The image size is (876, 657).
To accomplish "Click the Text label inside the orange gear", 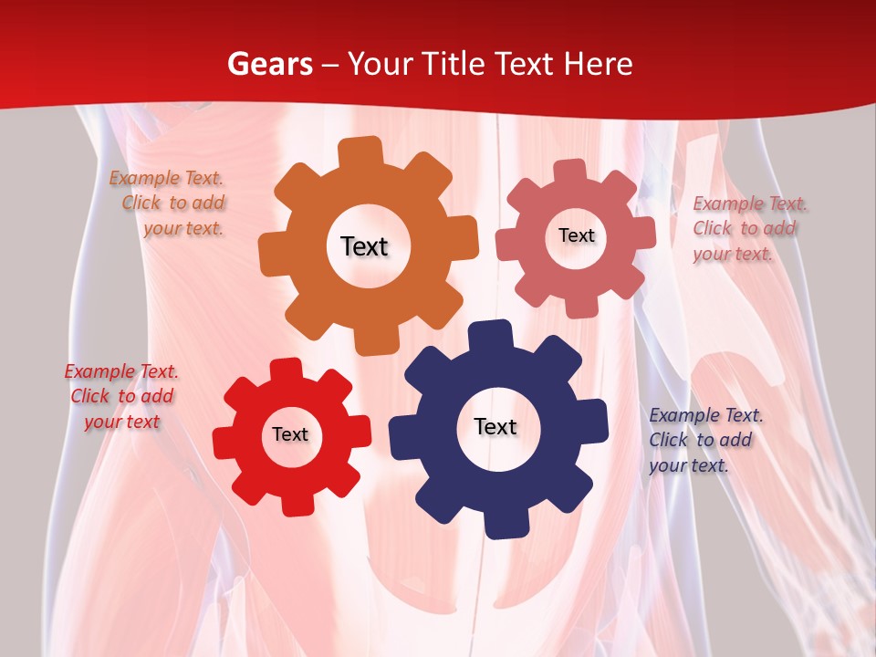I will [x=364, y=246].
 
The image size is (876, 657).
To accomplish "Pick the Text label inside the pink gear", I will [x=576, y=235].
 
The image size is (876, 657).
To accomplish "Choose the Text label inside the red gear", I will [x=290, y=434].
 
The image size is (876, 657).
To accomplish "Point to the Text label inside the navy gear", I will [x=495, y=426].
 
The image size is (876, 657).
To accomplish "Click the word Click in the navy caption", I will [x=668, y=440].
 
